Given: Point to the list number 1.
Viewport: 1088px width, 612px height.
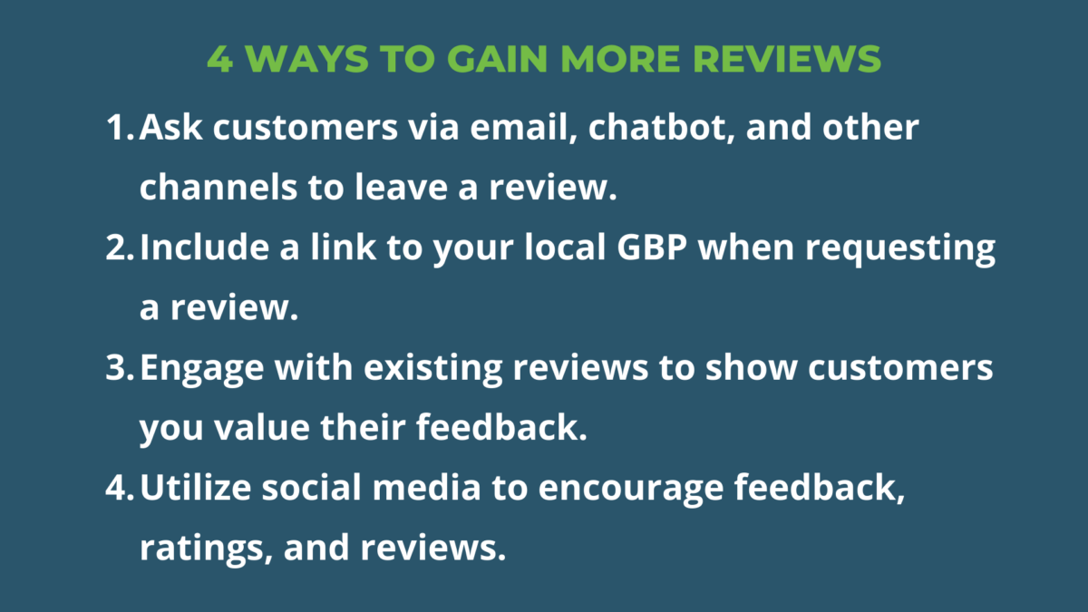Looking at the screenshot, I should point(118,128).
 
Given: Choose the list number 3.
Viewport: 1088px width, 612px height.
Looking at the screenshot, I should point(119,368).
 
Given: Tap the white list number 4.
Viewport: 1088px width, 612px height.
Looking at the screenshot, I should point(119,489).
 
